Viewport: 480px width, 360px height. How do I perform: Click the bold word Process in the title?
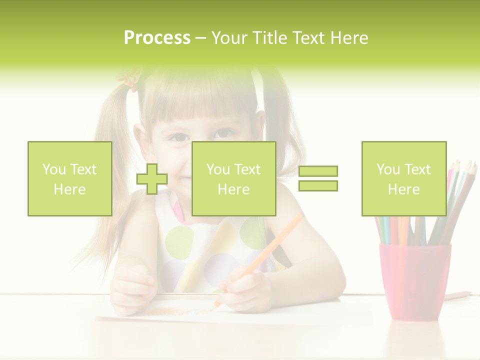click(x=157, y=38)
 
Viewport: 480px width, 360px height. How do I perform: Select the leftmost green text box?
click(x=69, y=178)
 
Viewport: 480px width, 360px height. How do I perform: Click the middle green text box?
click(x=233, y=178)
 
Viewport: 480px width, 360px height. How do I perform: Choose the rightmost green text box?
click(x=403, y=178)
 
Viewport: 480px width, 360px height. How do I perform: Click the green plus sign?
click(x=152, y=179)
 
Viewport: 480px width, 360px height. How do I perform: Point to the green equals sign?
click(x=318, y=178)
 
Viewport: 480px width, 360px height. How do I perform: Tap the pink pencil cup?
click(x=414, y=280)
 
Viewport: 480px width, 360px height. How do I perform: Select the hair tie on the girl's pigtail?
click(x=128, y=80)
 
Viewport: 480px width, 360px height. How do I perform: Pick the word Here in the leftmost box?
click(x=69, y=189)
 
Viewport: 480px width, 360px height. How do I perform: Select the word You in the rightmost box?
click(x=387, y=169)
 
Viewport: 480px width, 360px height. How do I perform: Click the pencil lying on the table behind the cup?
click(x=457, y=295)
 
